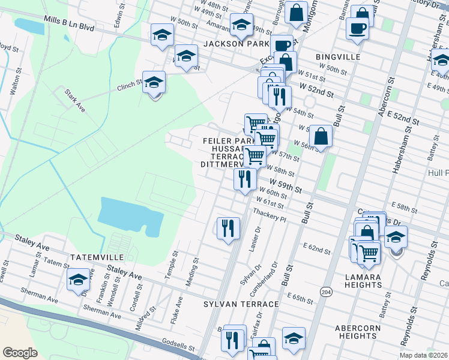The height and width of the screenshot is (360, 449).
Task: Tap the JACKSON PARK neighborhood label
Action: click(x=236, y=44)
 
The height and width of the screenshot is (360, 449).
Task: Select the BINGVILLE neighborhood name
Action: click(x=338, y=57)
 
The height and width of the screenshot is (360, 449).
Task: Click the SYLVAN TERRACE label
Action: click(x=241, y=304)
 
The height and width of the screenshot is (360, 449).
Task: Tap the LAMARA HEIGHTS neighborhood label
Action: click(x=364, y=280)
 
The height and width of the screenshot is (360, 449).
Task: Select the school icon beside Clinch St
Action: click(x=154, y=82)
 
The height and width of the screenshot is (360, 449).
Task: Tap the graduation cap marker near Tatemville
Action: click(x=78, y=280)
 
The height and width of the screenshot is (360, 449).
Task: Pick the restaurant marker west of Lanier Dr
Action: click(x=228, y=228)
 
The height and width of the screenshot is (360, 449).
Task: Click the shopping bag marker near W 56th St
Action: click(x=322, y=136)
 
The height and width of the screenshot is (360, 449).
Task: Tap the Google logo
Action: click(x=20, y=352)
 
